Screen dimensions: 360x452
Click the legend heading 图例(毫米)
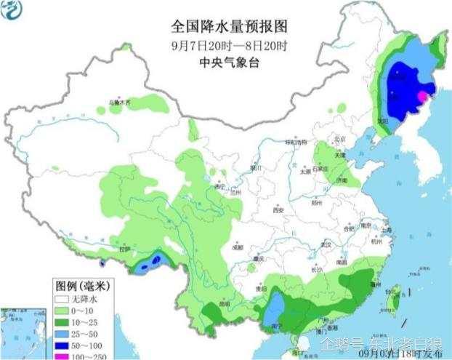[80, 284]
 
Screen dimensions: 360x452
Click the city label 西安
[277, 210]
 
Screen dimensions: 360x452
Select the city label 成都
[238, 247]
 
